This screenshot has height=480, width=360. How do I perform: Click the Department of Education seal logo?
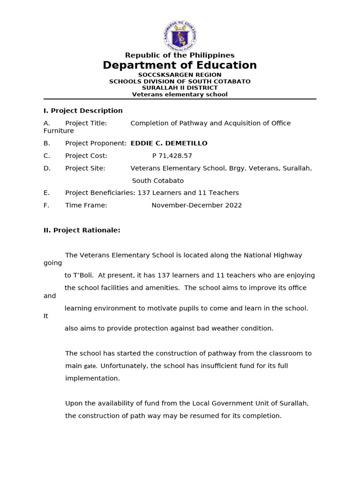pos(180,36)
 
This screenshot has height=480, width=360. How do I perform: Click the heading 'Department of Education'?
pos(180,66)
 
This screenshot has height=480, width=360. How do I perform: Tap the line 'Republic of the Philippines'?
pos(180,55)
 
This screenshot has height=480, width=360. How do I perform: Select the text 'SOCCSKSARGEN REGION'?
pos(180,75)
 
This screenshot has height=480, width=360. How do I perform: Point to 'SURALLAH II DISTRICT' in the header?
pos(180,88)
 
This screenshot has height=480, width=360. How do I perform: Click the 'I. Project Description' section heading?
pos(83,111)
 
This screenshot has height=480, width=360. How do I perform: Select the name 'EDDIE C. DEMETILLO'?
pos(169,143)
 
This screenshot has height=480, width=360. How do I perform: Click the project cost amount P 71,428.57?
pos(172,156)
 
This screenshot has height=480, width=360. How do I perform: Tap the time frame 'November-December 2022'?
pos(196,205)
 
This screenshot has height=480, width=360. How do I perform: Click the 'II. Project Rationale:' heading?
pos(82,230)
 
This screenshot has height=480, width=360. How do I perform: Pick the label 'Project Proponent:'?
pos(96,143)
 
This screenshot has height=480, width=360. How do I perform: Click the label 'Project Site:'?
pos(85,168)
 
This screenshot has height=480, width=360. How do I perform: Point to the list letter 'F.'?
pos(46,205)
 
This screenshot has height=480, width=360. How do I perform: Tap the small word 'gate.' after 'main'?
pos(91,366)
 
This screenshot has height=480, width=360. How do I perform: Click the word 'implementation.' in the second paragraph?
pos(92,378)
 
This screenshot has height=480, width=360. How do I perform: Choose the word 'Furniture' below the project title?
pos(59,131)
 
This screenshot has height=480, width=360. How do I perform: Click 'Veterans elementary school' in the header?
pos(180,94)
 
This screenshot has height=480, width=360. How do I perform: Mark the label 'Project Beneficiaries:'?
pos(100,193)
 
